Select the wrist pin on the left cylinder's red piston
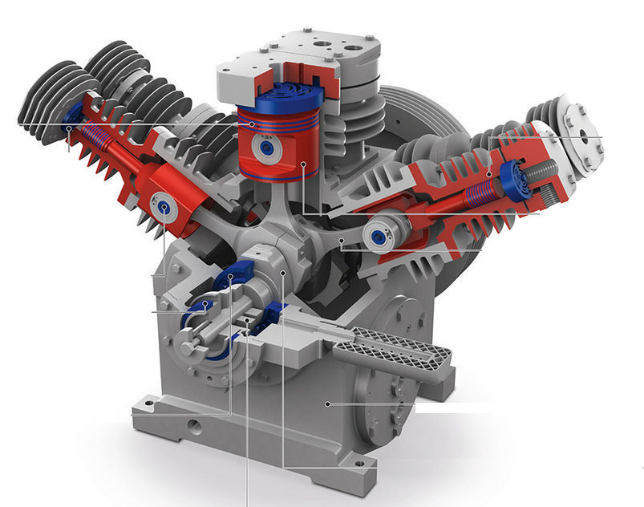[165, 209]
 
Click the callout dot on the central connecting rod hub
[285, 273]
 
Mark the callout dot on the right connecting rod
[341, 239]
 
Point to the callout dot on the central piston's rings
[252, 124]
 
